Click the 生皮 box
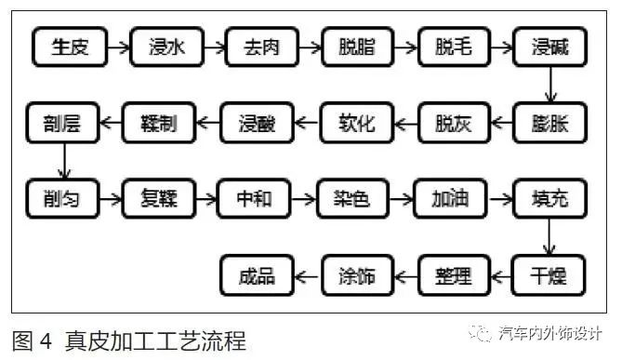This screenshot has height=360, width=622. coord(69,46)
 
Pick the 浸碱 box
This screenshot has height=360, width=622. coord(550,46)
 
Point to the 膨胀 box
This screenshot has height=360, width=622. coord(550,122)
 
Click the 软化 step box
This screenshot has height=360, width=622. coord(357,122)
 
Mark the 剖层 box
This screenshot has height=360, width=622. coord(62,122)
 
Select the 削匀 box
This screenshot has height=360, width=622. coord(62,199)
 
